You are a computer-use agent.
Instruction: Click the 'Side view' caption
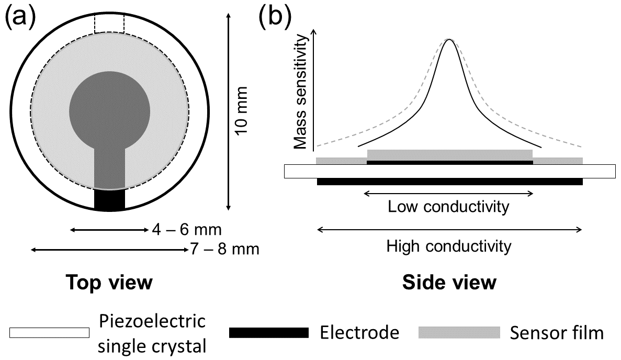click(x=449, y=283)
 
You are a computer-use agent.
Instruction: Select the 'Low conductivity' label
click(x=448, y=207)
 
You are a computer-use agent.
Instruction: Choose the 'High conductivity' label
click(x=448, y=245)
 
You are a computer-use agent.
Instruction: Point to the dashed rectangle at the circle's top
click(x=109, y=24)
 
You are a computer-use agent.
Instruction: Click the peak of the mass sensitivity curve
click(x=449, y=40)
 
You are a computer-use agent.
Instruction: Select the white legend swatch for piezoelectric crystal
click(x=48, y=332)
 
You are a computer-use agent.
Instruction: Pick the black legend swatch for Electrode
click(x=268, y=332)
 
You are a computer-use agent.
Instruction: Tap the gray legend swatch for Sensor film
click(x=459, y=332)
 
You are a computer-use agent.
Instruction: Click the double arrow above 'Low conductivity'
click(x=448, y=194)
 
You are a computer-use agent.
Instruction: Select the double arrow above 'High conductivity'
click(x=449, y=229)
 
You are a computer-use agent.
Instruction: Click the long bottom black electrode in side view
click(x=449, y=182)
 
